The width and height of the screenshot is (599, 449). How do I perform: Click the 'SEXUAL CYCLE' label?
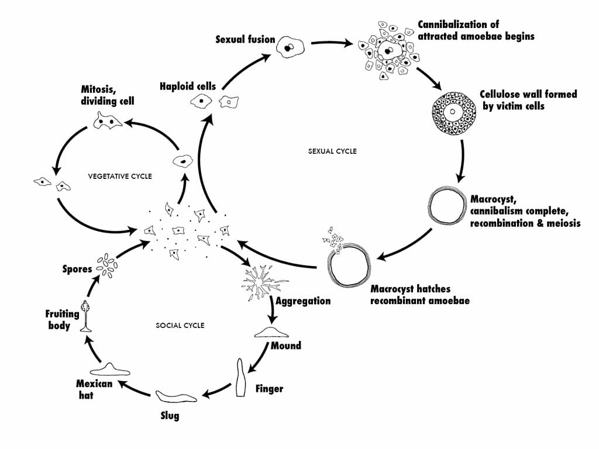[332, 151]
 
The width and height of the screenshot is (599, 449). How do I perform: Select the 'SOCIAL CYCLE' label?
[180, 325]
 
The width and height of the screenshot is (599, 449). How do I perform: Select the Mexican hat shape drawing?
[110, 369]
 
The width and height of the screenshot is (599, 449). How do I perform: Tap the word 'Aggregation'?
[303, 301]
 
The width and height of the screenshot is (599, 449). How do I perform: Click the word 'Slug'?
[170, 416]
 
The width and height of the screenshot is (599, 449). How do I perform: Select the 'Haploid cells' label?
[187, 87]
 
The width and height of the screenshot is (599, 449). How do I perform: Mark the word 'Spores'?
[77, 270]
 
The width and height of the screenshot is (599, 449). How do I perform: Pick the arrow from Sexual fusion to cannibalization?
[331, 43]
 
